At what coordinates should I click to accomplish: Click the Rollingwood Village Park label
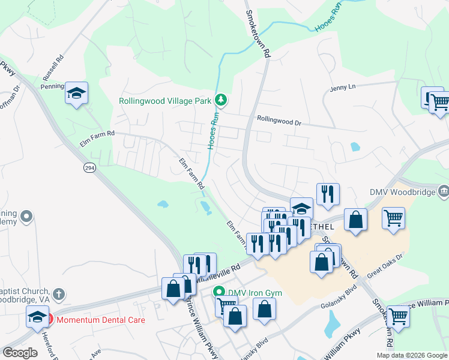[x=164, y=101]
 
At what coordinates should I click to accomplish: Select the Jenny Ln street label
[x=342, y=87]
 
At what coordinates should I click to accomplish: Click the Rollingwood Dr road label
[x=279, y=120]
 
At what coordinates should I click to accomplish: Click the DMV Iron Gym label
[x=255, y=293]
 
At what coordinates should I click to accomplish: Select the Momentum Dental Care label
[x=100, y=319]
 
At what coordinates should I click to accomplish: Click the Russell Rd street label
[x=53, y=69]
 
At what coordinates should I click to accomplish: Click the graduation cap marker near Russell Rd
[x=76, y=94]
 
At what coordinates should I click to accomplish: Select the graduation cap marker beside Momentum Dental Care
[x=37, y=316]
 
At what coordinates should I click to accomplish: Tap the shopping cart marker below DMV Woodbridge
[x=393, y=218]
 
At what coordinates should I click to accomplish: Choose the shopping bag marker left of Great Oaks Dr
[x=322, y=262]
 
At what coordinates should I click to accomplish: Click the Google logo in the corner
[x=20, y=353]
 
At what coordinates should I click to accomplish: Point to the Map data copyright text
[x=411, y=355]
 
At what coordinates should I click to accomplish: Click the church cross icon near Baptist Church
[x=58, y=294]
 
